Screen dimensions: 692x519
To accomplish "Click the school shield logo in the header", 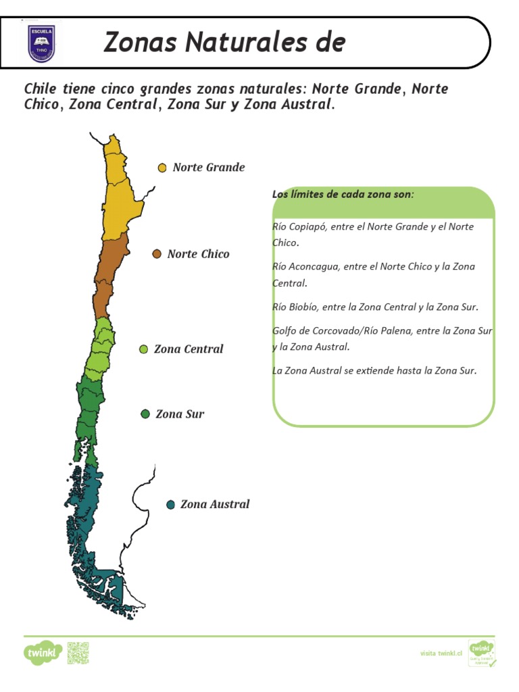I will tap(41, 42).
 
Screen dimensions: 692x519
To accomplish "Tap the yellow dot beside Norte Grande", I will tap(162, 168).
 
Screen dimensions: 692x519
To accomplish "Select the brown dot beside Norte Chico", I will tap(157, 254).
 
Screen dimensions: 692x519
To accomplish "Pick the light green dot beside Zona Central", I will tap(143, 349).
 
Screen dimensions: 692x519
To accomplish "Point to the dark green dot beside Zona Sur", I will tap(145, 414).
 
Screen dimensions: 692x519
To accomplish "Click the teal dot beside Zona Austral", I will tap(170, 504).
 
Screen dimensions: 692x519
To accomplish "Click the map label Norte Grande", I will tap(209, 168).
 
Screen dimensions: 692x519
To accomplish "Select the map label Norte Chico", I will tap(198, 254).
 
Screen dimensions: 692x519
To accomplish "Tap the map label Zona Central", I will tap(189, 349).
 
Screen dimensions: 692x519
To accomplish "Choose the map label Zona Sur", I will tap(180, 414).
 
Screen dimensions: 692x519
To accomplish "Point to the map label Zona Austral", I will tap(215, 504).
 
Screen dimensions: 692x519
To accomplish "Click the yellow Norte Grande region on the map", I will tap(122, 196).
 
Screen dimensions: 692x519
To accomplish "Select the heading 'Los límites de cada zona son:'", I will tap(343, 195).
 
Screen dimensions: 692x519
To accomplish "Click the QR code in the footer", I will tap(78, 653).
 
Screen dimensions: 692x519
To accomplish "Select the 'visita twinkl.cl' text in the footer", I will tap(441, 653).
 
